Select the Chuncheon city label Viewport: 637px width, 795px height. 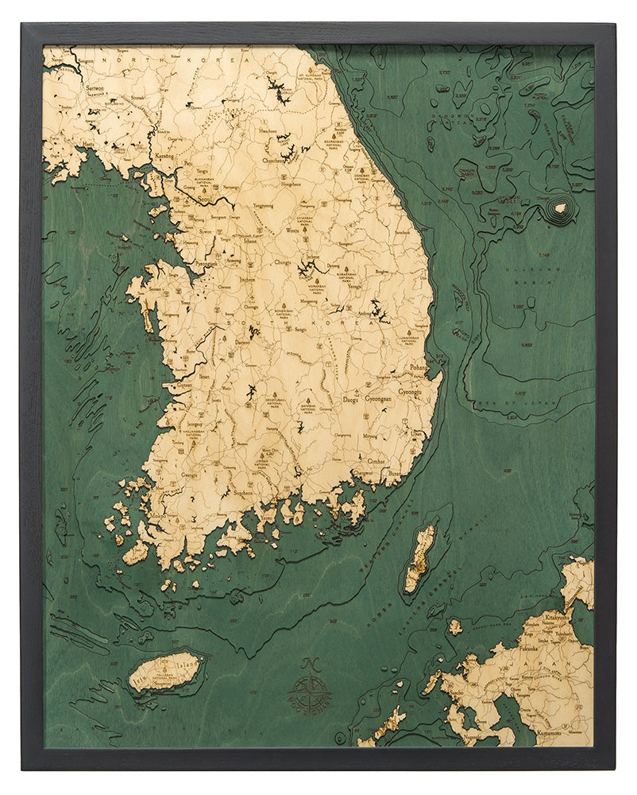coord(274,159)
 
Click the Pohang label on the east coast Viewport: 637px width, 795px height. coord(418,369)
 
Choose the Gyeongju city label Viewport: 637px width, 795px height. coord(412,393)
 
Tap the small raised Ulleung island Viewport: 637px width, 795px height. coord(561,207)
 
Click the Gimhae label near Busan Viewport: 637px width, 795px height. coord(375,460)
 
